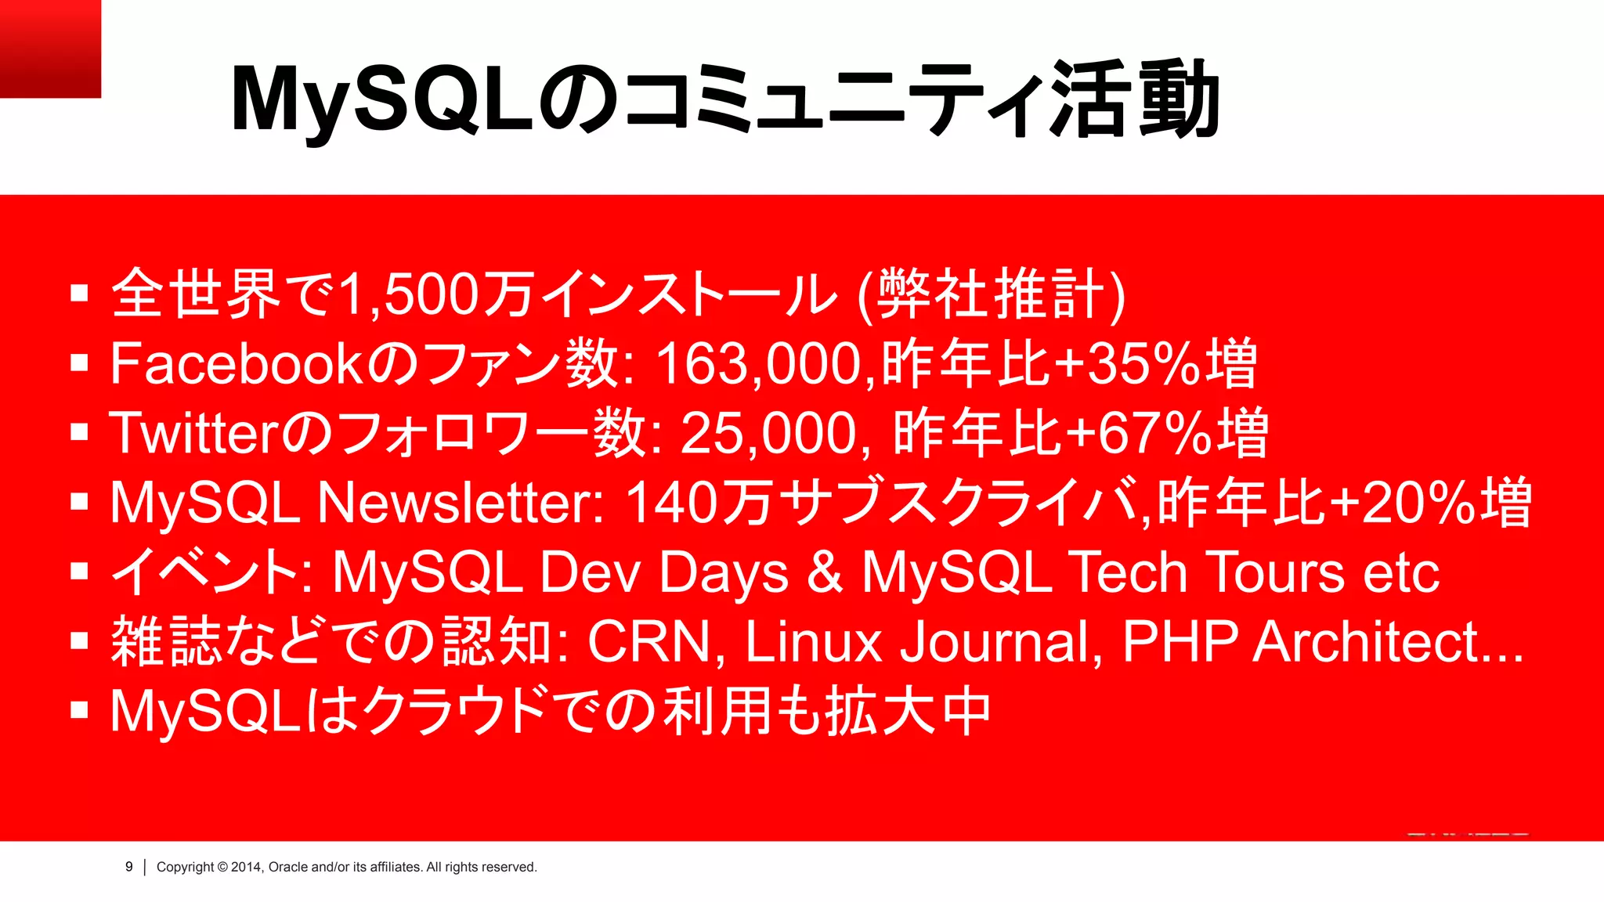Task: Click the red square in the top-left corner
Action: click(x=50, y=49)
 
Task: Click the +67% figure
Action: click(x=1140, y=434)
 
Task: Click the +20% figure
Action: click(x=1402, y=503)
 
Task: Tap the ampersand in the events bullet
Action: click(x=824, y=572)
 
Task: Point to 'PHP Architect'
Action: click(x=1300, y=641)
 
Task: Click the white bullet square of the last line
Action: click(x=79, y=710)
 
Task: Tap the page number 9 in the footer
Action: click(x=129, y=867)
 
